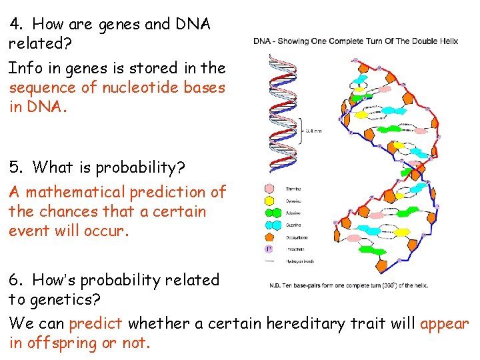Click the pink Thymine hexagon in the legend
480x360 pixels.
click(270, 189)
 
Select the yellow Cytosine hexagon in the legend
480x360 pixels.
click(270, 201)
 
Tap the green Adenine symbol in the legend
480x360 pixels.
click(270, 213)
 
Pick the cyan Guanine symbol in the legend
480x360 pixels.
click(270, 225)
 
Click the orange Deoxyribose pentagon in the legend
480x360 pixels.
click(270, 237)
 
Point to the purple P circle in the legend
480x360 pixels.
click(270, 249)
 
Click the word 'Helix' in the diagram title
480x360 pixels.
click(447, 41)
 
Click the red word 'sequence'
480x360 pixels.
click(39, 88)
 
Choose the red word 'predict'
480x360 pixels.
click(95, 324)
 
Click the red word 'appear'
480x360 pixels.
click(445, 324)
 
